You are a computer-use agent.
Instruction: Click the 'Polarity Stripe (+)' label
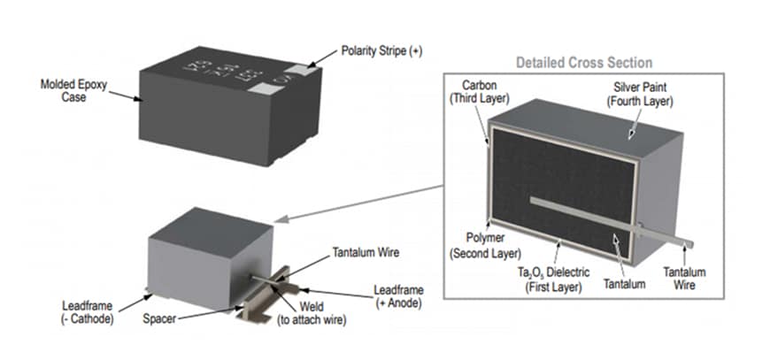pyautogui.click(x=381, y=52)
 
